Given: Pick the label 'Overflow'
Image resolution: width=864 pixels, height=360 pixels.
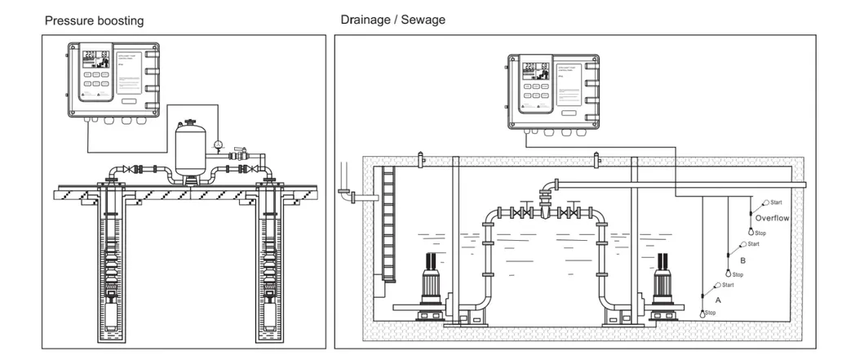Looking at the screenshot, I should click(x=771, y=219).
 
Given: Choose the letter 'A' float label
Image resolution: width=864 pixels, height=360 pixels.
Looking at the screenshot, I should click(x=718, y=300).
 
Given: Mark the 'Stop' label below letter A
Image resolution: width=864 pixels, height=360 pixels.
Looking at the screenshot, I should click(x=710, y=313).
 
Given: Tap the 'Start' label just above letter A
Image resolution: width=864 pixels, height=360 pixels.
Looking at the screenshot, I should click(x=728, y=285).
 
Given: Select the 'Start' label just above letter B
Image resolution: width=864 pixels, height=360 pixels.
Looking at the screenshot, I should click(x=753, y=244).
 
